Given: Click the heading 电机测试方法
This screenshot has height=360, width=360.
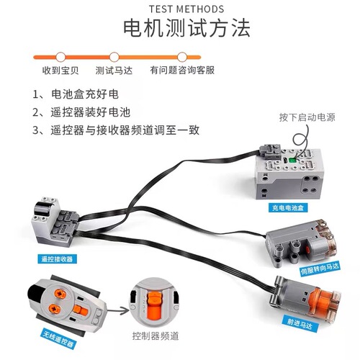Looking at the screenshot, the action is (x=186, y=28).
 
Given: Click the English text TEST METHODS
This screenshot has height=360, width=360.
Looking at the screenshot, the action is (x=186, y=9).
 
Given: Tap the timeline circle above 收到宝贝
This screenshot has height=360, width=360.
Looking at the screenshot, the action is (x=60, y=57).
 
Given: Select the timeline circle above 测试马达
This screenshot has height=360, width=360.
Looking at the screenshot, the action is (x=114, y=57).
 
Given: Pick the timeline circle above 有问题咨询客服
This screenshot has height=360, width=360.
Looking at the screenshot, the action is (x=182, y=57).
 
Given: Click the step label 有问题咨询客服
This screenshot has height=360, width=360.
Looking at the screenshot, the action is (x=182, y=71).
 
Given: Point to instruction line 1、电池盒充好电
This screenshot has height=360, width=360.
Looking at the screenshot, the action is (x=76, y=94).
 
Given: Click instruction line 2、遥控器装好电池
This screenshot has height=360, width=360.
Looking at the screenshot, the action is (x=81, y=112).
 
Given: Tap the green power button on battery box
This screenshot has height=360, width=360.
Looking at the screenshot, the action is (x=292, y=160).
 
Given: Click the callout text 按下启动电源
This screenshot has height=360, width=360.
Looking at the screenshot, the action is (x=307, y=117).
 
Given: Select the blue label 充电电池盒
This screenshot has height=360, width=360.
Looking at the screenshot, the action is (x=288, y=207).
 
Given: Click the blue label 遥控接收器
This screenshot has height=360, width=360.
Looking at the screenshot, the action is (x=57, y=259).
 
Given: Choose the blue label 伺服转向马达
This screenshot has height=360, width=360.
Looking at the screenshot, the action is (x=320, y=269).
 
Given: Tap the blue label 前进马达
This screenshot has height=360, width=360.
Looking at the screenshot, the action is (x=300, y=324).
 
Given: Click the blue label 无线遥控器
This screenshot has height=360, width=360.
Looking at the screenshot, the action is (x=58, y=339).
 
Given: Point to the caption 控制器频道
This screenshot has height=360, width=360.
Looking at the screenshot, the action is (x=156, y=336).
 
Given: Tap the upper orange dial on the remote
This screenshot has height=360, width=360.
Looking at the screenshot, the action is (x=60, y=294).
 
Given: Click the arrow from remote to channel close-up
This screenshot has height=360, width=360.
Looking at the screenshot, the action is (x=118, y=310).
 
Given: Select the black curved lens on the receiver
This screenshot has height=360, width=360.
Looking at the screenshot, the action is (x=43, y=209).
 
